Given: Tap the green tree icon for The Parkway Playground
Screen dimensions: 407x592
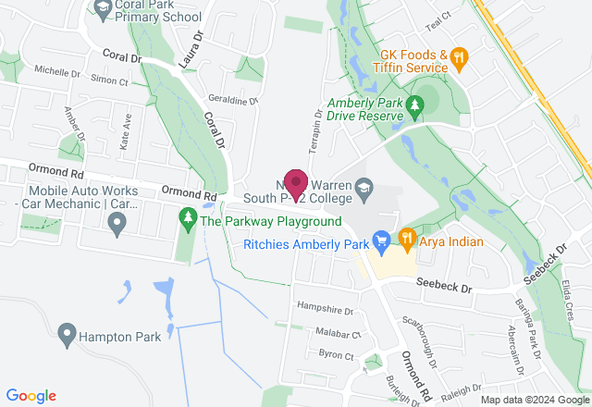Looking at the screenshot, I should (x=188, y=220).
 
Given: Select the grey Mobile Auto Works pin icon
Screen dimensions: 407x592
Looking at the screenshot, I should (x=117, y=222).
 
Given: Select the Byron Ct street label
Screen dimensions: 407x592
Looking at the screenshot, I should (x=336, y=355).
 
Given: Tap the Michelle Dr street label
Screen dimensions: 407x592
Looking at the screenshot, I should (x=57, y=71).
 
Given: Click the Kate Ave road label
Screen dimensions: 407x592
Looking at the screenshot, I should (x=126, y=129).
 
